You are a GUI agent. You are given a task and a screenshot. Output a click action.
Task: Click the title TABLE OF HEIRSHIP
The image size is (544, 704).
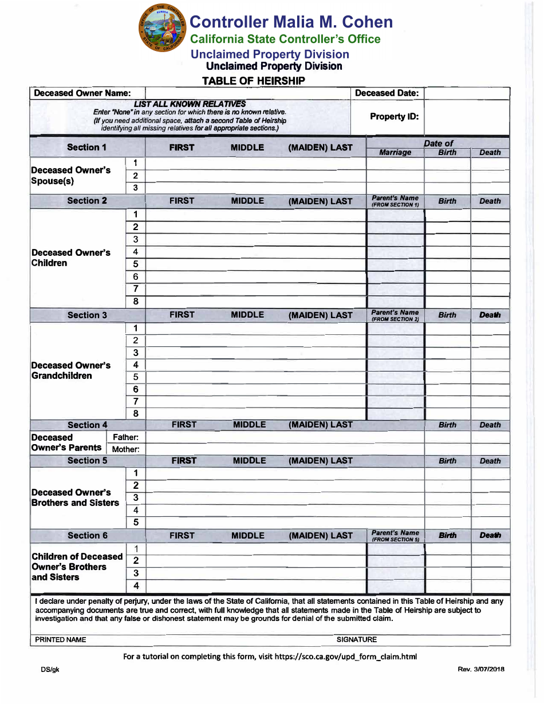(x=254, y=81)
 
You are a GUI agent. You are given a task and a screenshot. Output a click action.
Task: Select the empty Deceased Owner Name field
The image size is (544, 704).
(x=247, y=93)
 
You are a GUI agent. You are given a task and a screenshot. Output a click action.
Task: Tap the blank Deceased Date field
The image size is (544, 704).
(x=467, y=93)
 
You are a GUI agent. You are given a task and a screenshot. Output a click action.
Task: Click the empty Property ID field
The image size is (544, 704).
(x=467, y=117)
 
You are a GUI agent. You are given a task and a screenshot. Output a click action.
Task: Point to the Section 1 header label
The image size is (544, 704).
(x=87, y=148)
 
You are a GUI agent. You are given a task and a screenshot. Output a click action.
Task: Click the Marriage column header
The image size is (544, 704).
(x=395, y=153)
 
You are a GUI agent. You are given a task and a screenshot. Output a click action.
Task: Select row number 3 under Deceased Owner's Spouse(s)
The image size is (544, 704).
(x=136, y=188)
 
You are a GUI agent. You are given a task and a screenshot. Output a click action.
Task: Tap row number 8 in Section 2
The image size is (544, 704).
(x=136, y=302)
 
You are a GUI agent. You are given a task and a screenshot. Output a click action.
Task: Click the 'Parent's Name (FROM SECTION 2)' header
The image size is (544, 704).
(x=395, y=315)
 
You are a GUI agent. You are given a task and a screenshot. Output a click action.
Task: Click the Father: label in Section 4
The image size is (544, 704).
(x=125, y=437)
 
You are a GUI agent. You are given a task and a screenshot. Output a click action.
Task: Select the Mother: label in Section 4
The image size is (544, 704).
(x=125, y=449)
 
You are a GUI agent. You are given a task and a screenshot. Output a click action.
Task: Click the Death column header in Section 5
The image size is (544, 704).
(x=490, y=461)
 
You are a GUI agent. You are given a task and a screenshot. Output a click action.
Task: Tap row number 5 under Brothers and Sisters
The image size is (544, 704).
(x=136, y=522)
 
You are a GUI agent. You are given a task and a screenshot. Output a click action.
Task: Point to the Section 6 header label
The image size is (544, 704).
(x=87, y=536)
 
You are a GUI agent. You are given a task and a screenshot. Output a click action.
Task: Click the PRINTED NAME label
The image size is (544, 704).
(x=61, y=640)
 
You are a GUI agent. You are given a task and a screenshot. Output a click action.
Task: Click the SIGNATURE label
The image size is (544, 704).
(x=357, y=640)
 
